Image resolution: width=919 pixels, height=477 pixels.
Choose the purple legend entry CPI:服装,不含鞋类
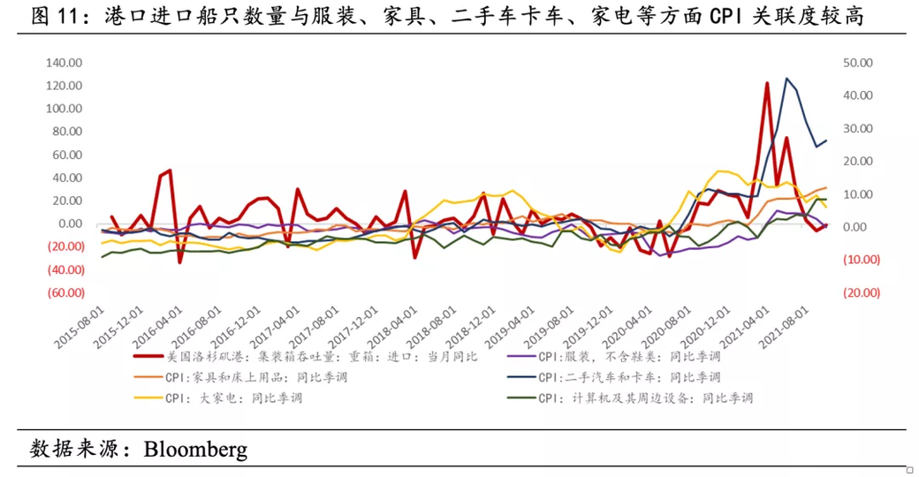click(619, 356)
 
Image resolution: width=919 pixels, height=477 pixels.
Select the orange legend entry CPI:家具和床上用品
click(256, 377)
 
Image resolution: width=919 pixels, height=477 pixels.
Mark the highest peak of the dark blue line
click(786, 78)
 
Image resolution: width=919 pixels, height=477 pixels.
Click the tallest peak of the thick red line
click(767, 83)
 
